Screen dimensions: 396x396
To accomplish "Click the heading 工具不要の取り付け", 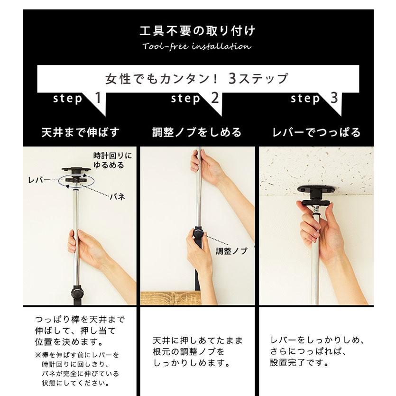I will point(197,31).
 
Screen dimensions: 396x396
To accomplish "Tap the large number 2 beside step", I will point(215,99).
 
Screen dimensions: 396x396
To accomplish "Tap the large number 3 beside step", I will point(334,99).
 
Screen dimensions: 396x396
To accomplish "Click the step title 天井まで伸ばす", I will point(81,132).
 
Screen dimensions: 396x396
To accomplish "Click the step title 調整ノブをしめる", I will point(197,132).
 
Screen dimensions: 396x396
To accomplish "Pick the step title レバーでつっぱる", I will point(316,132).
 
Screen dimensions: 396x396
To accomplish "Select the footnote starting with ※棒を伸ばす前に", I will point(77,369).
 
